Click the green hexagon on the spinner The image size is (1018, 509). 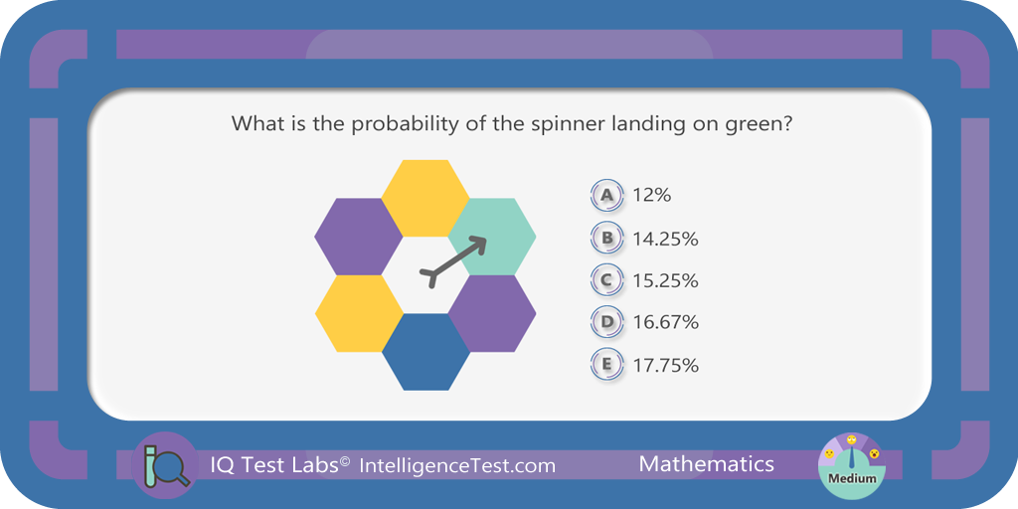(492, 237)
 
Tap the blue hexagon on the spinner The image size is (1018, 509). (425, 352)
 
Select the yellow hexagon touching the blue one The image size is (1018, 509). (359, 313)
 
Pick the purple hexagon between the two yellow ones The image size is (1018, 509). (359, 237)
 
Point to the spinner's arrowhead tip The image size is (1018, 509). (486, 237)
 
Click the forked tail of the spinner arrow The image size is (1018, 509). (430, 277)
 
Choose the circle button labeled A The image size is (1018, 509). (607, 195)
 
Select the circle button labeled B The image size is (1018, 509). (607, 238)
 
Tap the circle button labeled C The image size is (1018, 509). (607, 279)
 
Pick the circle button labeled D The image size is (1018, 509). (607, 321)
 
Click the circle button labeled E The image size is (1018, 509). (607, 364)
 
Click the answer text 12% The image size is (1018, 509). (652, 195)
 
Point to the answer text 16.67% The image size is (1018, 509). (665, 322)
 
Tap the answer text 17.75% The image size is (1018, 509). (665, 365)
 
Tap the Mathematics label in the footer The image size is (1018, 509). (707, 464)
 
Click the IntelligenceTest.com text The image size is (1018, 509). (457, 465)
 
